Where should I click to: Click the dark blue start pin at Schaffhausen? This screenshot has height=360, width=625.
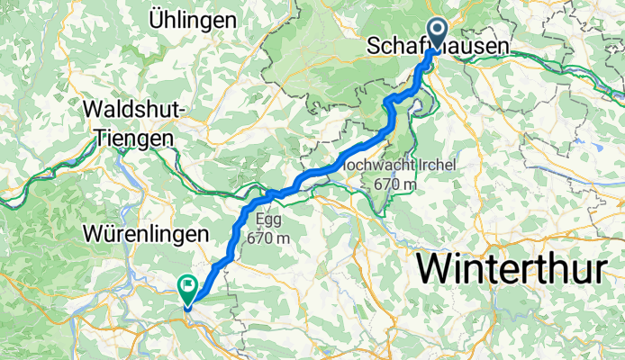[x=438, y=31]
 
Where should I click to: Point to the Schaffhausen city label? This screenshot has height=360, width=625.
[x=437, y=47]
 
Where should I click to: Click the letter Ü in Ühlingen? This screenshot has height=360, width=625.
[x=159, y=20]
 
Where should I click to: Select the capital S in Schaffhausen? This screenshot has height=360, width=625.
[x=376, y=47]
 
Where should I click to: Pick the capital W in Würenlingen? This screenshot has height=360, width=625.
[x=93, y=233]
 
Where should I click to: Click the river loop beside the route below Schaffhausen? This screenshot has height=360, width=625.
[x=416, y=106]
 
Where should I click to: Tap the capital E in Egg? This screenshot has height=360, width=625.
[x=259, y=218]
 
